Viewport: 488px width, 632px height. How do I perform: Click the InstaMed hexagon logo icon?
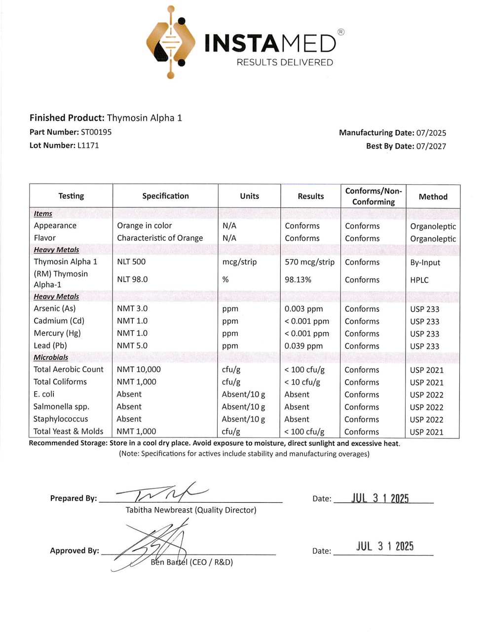[171, 42]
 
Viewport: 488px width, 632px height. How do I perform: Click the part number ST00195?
[96, 132]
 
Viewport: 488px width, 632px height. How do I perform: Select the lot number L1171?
[88, 145]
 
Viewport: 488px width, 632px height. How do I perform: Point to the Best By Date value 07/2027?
[431, 146]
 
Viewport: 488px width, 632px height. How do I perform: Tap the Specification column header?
[165, 196]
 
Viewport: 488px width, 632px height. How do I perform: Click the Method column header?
[433, 197]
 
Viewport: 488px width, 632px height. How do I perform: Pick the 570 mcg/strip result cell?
[309, 262]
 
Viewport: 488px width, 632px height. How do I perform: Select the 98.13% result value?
[298, 279]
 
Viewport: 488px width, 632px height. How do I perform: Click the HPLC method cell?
[419, 280]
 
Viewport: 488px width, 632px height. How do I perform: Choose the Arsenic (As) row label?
[55, 308]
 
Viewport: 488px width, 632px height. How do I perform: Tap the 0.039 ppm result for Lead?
[303, 346]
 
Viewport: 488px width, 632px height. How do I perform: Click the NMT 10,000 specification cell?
[139, 369]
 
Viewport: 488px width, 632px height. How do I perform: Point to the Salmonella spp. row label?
[61, 406]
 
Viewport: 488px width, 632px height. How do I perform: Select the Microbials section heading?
[51, 357]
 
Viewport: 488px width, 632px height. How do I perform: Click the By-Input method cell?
[425, 263]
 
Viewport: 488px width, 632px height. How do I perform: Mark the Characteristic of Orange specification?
[160, 237]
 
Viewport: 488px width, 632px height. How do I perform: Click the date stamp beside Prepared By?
[380, 498]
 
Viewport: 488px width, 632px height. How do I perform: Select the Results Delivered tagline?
[285, 62]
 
